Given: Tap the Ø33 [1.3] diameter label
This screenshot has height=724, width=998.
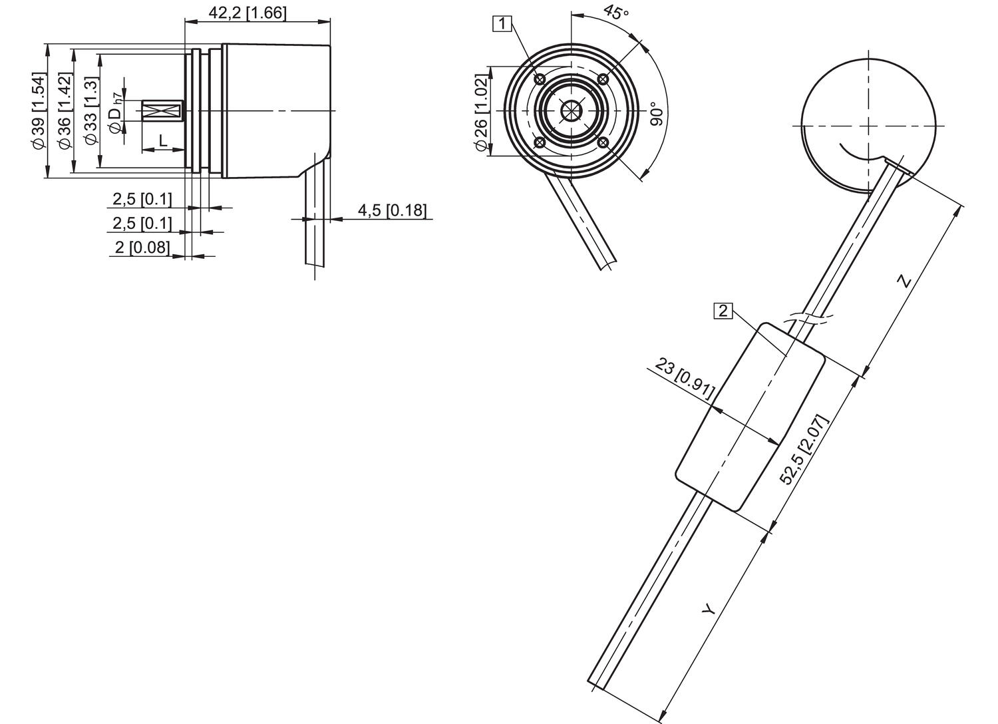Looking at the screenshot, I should tap(91, 111).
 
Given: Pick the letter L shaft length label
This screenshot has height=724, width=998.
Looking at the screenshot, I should tap(163, 140).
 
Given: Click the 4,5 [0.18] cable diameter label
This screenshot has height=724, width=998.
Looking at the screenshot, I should tap(392, 210).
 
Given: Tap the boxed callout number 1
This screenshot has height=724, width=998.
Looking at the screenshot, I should tap(502, 24).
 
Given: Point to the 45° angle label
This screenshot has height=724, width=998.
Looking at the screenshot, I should tap(616, 13).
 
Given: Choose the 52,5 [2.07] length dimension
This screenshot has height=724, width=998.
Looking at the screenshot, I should tap(804, 450).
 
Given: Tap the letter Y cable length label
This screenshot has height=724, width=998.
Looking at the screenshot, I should tap(710, 608).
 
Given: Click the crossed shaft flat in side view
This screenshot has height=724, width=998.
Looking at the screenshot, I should tap(163, 111).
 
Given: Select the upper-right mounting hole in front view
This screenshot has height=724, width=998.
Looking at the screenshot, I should tap(603, 79).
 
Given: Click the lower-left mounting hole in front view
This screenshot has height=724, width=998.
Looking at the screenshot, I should tap(540, 143).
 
